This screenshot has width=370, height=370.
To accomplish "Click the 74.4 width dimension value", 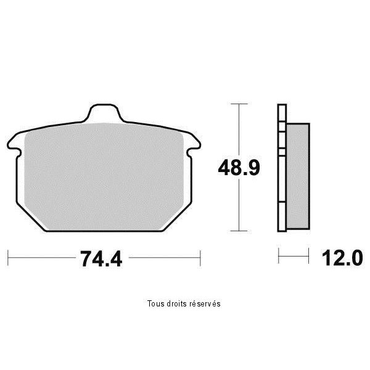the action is pos(101,259).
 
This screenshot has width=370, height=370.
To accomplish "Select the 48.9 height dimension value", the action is pos(239,168).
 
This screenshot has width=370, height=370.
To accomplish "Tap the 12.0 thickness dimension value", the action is pos(342,258).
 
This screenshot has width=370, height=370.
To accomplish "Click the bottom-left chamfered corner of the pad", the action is pos(31,217).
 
